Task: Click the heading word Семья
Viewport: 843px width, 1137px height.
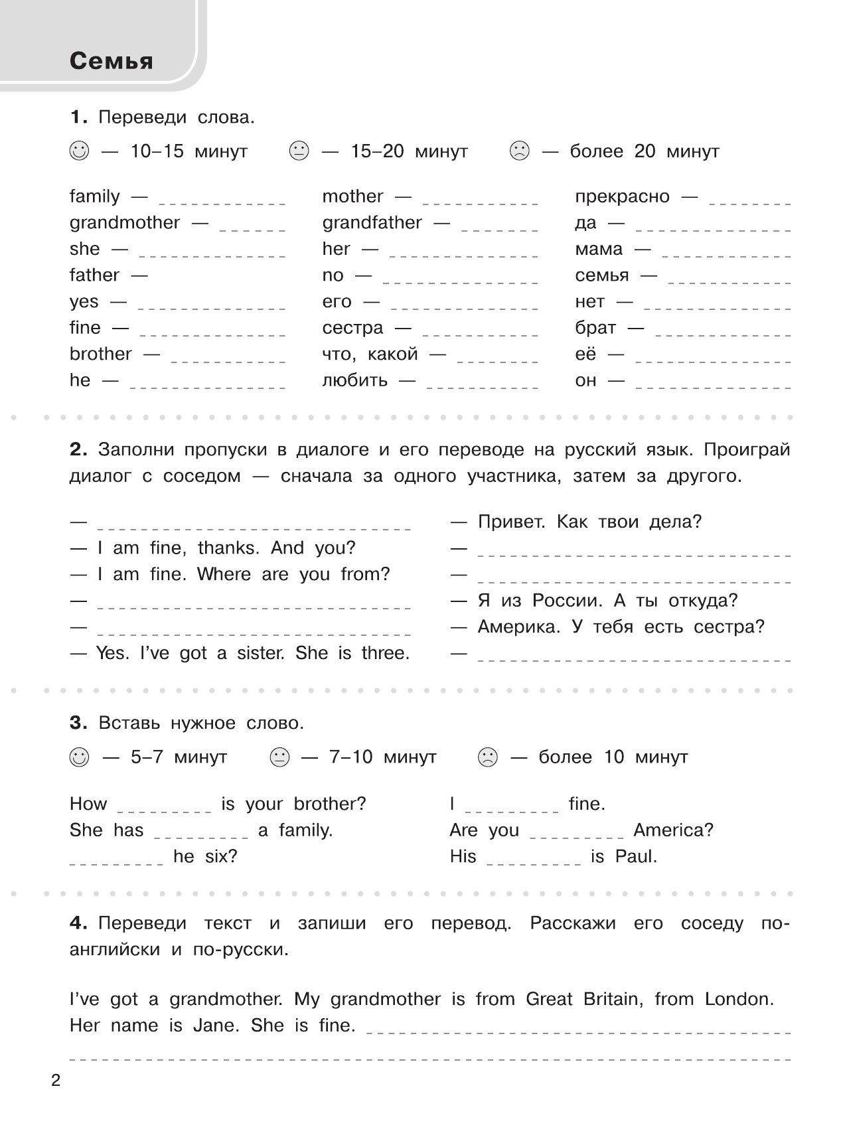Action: click(111, 61)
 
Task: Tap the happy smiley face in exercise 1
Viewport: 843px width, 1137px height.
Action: click(78, 151)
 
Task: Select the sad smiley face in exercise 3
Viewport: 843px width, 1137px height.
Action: click(488, 757)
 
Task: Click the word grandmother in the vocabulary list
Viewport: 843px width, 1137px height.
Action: click(125, 222)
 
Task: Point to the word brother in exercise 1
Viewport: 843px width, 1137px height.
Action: click(101, 354)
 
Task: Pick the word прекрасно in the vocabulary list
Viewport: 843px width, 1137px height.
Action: click(623, 196)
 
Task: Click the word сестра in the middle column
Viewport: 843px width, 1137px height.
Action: click(352, 328)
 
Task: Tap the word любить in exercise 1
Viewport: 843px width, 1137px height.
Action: click(354, 380)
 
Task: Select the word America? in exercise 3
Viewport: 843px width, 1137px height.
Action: click(673, 830)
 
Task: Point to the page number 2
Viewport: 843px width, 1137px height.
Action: click(56, 1081)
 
